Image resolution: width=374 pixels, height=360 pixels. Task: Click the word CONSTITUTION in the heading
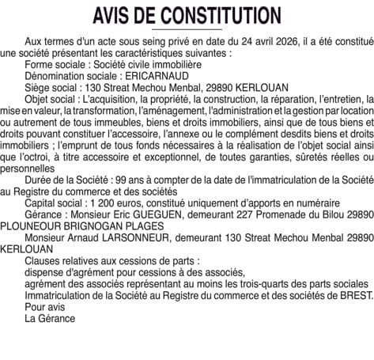click(212, 15)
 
